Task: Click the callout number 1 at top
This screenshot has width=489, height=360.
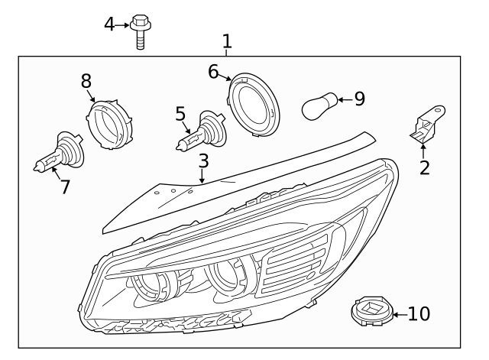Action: [226, 40]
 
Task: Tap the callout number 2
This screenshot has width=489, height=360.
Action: [424, 167]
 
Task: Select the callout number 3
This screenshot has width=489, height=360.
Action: [203, 161]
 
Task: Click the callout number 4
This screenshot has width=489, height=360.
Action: [110, 24]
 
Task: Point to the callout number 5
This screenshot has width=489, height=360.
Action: [180, 115]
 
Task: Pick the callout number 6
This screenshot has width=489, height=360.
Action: [214, 72]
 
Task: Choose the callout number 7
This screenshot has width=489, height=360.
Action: [65, 186]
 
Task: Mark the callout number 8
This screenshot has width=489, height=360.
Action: [86, 80]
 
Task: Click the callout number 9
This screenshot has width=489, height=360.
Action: [358, 99]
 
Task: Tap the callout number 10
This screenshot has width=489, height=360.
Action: [419, 313]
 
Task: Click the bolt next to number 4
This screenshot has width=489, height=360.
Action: [140, 31]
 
